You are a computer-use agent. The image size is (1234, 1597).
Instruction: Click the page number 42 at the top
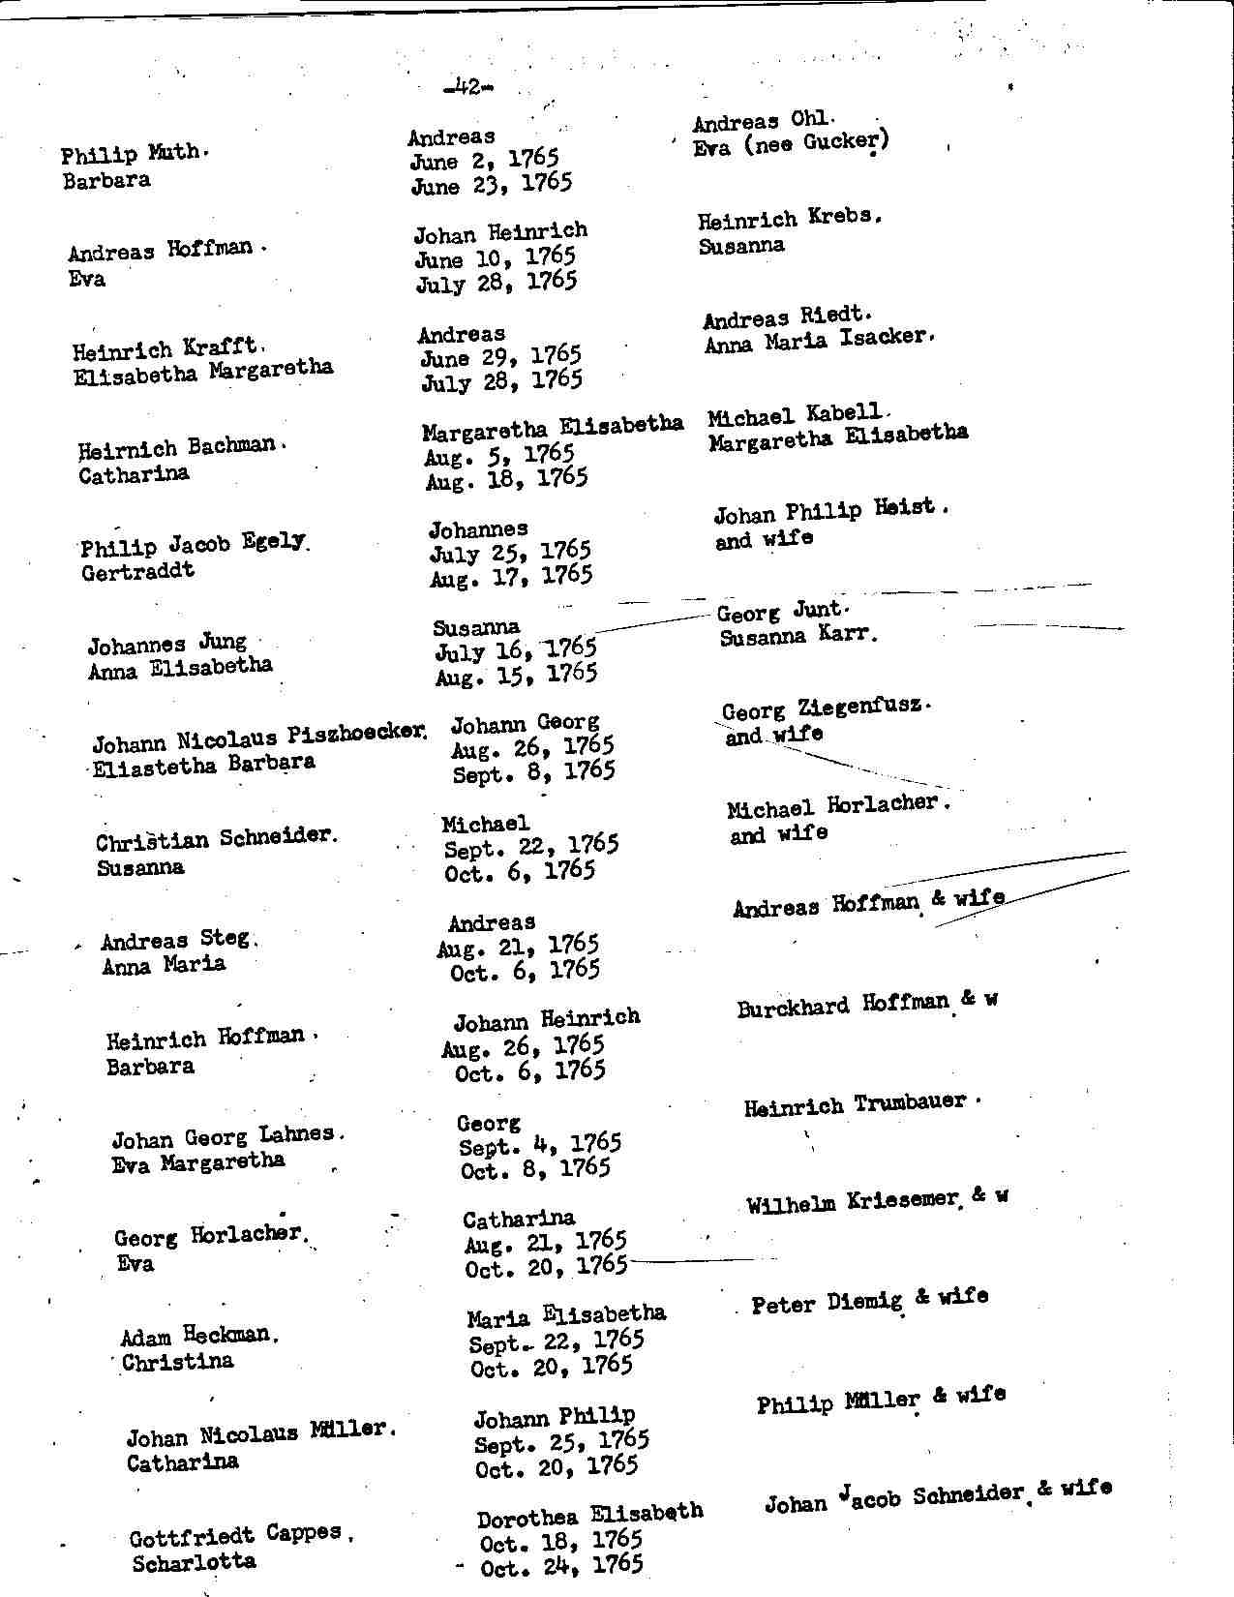pyautogui.click(x=467, y=88)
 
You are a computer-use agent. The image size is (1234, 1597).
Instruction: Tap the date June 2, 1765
pyautogui.click(x=484, y=160)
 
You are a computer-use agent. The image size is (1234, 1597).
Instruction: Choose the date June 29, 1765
pyautogui.click(x=500, y=357)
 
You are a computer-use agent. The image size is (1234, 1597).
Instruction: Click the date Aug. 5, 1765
pyautogui.click(x=499, y=455)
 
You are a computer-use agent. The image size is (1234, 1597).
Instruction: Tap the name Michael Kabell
pyautogui.click(x=795, y=417)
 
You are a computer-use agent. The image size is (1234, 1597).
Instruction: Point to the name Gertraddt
pyautogui.click(x=138, y=572)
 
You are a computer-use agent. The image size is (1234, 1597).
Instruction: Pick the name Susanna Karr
pyautogui.click(x=798, y=637)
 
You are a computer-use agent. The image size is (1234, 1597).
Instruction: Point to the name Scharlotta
pyautogui.click(x=194, y=1562)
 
